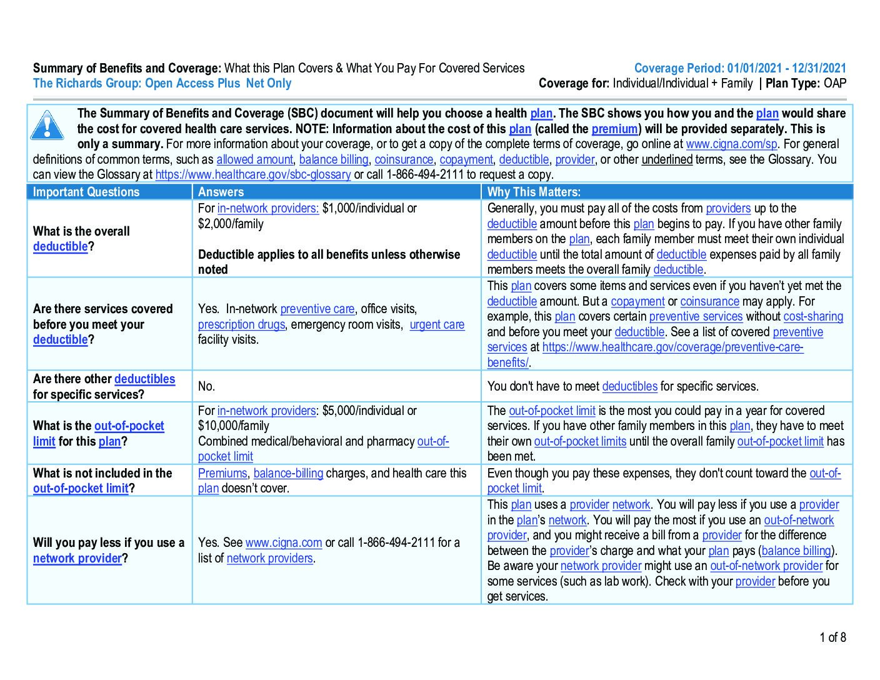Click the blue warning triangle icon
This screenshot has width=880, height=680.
(x=47, y=125)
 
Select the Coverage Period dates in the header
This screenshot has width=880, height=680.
(x=786, y=68)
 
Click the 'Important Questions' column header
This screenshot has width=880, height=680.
(x=86, y=192)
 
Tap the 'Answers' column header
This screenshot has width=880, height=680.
(x=221, y=192)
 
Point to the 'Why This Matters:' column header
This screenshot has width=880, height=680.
(x=534, y=192)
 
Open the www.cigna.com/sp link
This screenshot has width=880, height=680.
(x=731, y=144)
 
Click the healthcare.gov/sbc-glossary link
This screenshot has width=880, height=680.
(x=252, y=175)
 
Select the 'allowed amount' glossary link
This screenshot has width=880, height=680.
(x=254, y=159)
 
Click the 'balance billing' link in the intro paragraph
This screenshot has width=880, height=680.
(x=334, y=159)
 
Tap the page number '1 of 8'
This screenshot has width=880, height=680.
(x=832, y=637)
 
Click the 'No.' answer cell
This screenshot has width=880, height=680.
(x=206, y=386)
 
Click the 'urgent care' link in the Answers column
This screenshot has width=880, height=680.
(x=437, y=324)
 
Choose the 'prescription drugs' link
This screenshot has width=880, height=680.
(x=241, y=324)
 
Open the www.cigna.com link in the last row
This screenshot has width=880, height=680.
(x=283, y=542)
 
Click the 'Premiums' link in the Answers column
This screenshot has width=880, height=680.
(x=222, y=473)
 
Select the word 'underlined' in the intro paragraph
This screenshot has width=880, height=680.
(x=667, y=159)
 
